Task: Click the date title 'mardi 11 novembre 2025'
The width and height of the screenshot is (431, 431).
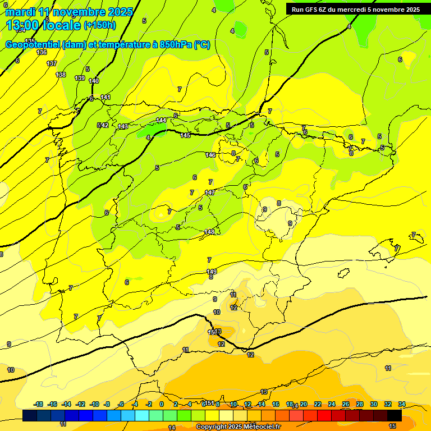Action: pos(69,12)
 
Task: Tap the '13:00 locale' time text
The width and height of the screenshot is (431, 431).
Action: pos(44,25)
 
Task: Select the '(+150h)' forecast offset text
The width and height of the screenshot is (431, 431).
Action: pos(99,25)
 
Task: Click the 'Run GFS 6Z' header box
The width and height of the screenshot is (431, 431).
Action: pos(356,10)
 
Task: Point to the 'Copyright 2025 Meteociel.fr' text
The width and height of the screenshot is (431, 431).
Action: pos(239,427)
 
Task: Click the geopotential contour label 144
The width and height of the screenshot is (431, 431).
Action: pos(161,120)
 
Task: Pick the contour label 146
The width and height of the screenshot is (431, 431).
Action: pos(210,155)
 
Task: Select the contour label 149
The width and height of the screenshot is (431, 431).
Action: pos(212,272)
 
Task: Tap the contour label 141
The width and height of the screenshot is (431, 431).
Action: pos(106,98)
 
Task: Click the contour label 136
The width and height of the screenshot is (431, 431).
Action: pos(42,52)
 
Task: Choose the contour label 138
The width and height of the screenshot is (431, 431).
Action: pos(61,75)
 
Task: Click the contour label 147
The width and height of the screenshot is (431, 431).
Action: pos(210,192)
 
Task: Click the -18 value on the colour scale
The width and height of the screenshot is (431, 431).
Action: pos(39,404)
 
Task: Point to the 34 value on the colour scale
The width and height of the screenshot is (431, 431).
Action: pos(402,404)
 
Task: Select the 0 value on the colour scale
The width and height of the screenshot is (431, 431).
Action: pos(162,404)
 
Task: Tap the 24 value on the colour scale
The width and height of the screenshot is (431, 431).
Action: pos(332,404)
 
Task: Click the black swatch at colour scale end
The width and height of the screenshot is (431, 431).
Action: pos(395,415)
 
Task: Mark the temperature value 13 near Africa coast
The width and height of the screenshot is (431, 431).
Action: pos(264,392)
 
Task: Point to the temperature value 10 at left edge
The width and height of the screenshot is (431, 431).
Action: pos(11,370)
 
